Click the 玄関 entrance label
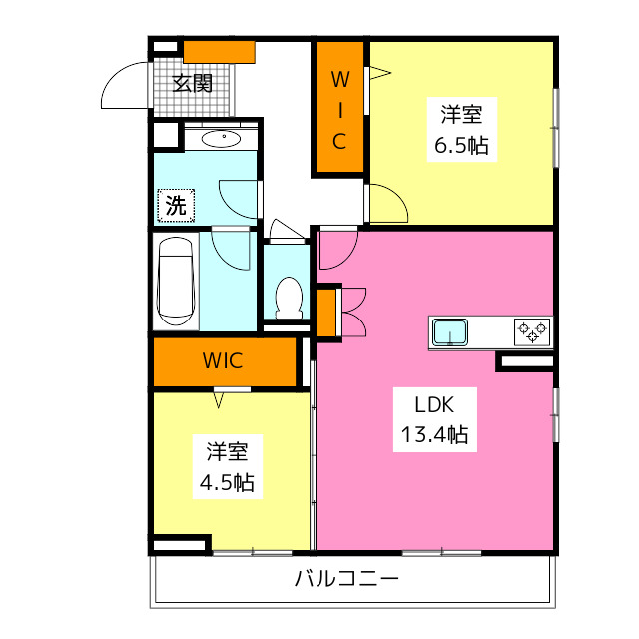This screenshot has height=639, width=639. coord(193,83)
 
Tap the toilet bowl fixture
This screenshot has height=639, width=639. coord(289,298)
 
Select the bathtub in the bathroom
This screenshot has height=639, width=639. coord(176,282)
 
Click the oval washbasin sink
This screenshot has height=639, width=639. coord(221,139)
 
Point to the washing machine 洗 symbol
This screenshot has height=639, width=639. coord(176,205)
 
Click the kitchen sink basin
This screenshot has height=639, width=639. coord(450,332)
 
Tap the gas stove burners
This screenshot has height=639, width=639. coord(532,332)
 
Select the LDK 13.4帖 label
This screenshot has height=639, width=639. coord(435,419)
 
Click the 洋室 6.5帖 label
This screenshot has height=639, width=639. coord(461,129)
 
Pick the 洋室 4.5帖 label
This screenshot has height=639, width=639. coord(227,467)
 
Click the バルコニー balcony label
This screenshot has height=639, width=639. coord(346,579)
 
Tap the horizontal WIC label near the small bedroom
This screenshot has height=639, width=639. coord(223,360)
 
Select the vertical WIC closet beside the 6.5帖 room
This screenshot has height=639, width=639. coord(339,107)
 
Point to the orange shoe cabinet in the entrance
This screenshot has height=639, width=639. coord(219,52)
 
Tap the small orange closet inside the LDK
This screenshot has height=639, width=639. coord(326,313)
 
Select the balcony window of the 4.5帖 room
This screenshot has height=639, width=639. coord(253,553)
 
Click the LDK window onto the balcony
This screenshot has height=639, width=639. coord(442,553)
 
